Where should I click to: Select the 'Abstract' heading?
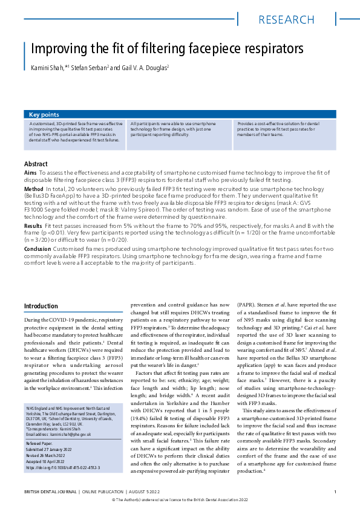pyautogui.click(x=36, y=164)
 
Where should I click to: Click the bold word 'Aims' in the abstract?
pyautogui.click(x=30, y=173)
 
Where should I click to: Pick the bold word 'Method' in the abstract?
pyautogui.click(x=34, y=190)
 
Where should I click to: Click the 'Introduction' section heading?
pyautogui.click(x=41, y=306)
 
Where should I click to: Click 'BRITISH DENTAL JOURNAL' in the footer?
pyautogui.click(x=51, y=491)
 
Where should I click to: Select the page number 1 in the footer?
pyautogui.click(x=335, y=491)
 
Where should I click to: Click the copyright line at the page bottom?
pyautogui.click(x=180, y=501)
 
